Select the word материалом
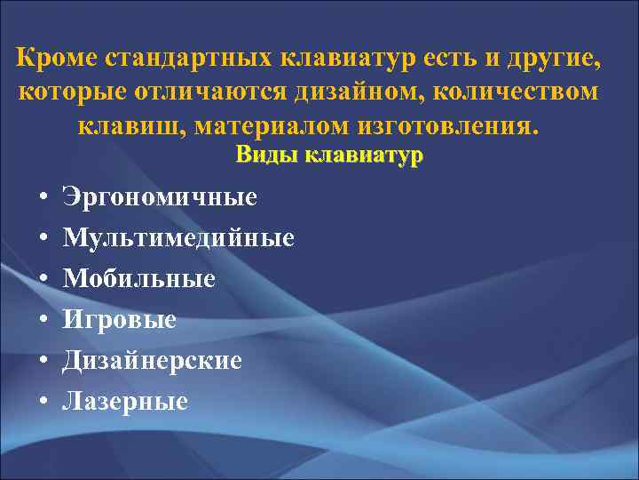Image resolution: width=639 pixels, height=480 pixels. click(256, 124)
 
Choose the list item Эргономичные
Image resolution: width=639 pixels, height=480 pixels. click(160, 196)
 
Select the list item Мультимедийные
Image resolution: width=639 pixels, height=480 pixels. click(178, 238)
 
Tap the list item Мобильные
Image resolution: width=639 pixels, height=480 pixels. click(138, 279)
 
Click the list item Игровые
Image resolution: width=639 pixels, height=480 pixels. click(119, 320)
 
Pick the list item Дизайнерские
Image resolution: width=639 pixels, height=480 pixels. click(152, 361)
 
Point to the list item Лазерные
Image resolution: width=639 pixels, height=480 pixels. click(125, 402)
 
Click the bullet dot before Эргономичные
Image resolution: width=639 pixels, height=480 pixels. click(43, 197)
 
